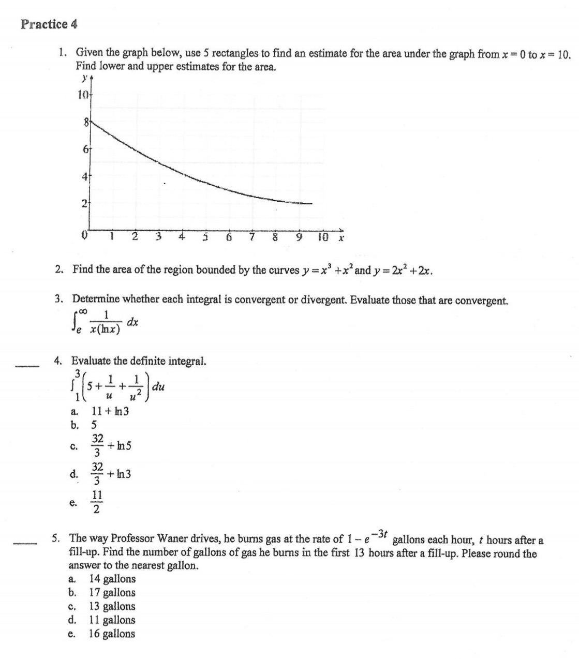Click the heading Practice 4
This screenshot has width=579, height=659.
click(x=49, y=24)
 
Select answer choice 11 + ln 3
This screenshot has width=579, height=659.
click(x=110, y=412)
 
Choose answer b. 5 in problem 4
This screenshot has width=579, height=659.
click(x=94, y=425)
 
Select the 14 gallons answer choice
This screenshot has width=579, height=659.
click(x=112, y=579)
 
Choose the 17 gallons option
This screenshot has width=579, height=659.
click(x=112, y=593)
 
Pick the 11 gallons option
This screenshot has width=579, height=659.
click(x=112, y=620)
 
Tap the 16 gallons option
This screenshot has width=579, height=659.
click(x=112, y=634)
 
